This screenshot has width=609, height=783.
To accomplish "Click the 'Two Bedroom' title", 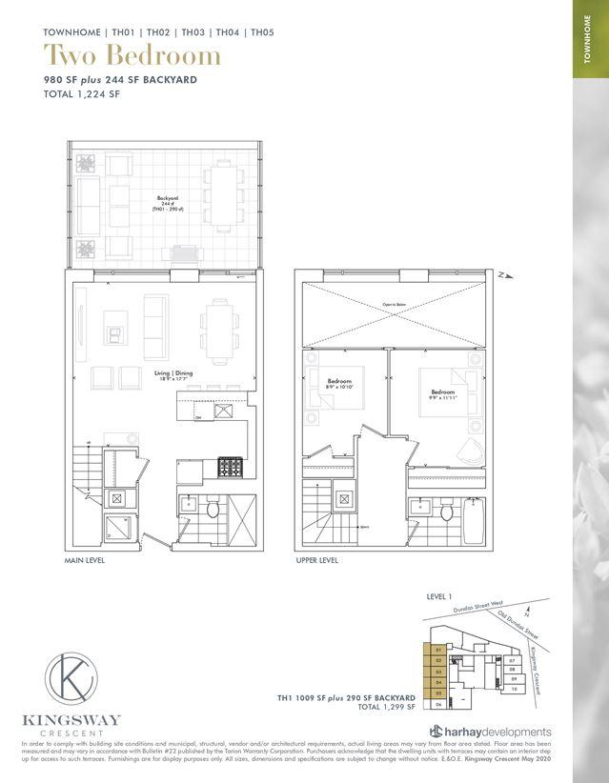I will tap(132, 55).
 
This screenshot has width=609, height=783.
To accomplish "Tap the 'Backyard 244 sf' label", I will tap(168, 202).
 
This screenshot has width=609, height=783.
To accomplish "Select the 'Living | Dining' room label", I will tap(174, 375).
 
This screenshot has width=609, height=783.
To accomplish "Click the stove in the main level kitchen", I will tap(231, 467).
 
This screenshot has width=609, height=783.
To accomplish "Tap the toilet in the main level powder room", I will tap(213, 512).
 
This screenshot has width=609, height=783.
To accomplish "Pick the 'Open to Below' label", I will tap(395, 306).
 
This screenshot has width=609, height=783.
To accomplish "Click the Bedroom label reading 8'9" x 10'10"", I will tap(340, 385).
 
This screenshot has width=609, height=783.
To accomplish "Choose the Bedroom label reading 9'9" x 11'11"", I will tap(443, 393).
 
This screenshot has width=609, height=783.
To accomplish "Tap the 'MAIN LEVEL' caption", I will tap(85, 561).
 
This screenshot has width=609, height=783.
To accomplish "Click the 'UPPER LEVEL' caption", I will tap(317, 561).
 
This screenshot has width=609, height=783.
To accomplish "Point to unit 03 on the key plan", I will tap(438, 671).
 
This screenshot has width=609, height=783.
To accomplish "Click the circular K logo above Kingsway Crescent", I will tap(74, 673).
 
